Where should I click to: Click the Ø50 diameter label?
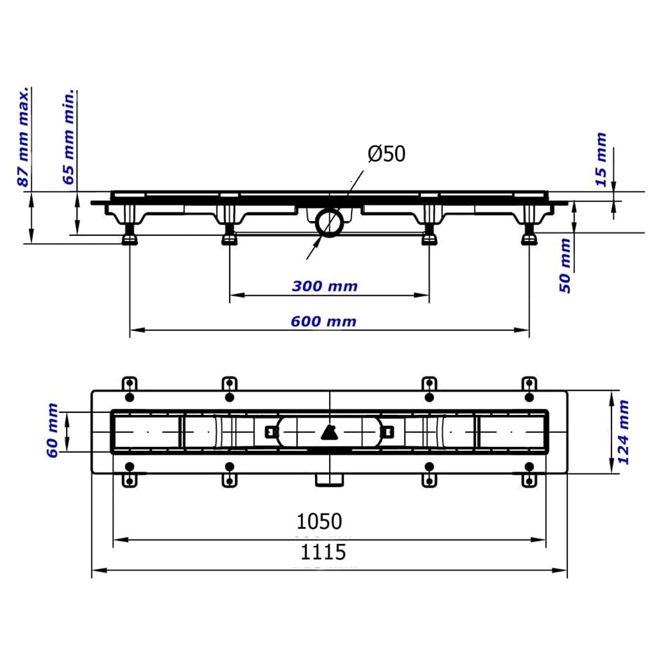[386, 154]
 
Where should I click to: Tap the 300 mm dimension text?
[325, 286]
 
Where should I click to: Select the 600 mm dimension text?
[324, 322]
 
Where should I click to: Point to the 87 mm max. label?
[23, 137]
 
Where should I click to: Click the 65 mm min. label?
[69, 137]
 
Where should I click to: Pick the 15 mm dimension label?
[601, 160]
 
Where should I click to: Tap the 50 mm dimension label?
[565, 266]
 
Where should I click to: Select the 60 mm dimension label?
[52, 431]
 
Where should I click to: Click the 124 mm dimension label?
[623, 432]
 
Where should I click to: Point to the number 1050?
[319, 521]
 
